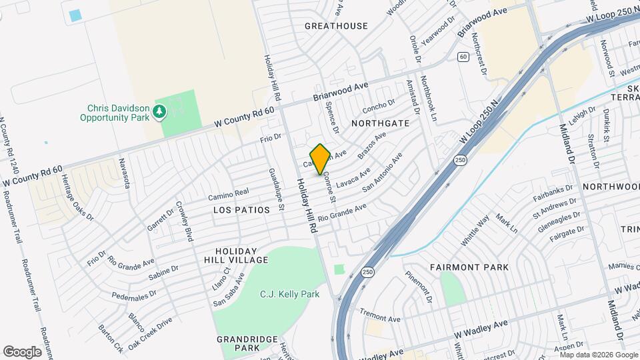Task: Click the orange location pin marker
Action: click(320, 159)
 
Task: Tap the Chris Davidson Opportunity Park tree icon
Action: click(159, 111)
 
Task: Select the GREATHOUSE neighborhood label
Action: click(336, 26)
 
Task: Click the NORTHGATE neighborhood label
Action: click(379, 123)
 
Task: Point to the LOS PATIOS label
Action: click(241, 210)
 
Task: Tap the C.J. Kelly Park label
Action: click(289, 294)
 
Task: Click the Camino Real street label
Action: click(228, 193)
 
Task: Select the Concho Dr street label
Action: click(379, 106)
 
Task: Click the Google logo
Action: click(22, 351)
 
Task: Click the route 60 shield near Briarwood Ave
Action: click(462, 57)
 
